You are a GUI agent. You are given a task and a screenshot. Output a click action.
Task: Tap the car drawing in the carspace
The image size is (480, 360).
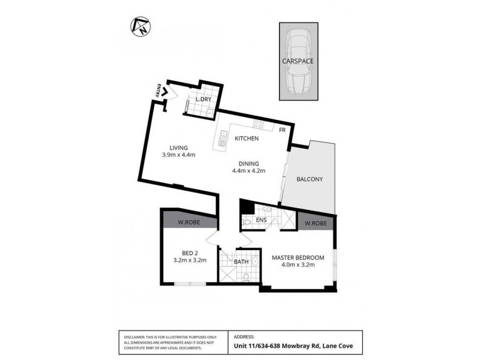(x=298, y=62)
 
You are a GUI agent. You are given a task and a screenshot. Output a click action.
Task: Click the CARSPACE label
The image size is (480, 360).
(x=298, y=61)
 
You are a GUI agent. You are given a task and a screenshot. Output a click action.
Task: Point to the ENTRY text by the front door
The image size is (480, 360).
(x=159, y=91)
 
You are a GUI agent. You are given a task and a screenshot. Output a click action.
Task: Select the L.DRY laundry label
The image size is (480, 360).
(x=201, y=99)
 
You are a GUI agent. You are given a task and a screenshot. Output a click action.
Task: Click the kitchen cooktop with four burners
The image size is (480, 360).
(x=259, y=125)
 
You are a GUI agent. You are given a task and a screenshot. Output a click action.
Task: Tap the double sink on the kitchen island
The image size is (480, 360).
(x=221, y=142)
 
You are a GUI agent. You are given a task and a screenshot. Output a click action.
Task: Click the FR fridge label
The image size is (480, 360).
(x=282, y=129)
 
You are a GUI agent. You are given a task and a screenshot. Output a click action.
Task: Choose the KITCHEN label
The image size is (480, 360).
(x=247, y=139)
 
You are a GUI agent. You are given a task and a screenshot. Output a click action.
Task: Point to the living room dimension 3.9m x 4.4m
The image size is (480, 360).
(x=179, y=155)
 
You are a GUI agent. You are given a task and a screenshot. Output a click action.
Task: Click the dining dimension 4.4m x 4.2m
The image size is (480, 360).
(x=248, y=171)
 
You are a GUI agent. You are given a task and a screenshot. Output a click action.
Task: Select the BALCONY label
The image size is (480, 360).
(x=310, y=179)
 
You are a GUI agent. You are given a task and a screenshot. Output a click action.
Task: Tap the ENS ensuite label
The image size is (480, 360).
(x=261, y=221)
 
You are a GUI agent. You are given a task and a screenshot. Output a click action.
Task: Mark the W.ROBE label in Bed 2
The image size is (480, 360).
(x=189, y=223)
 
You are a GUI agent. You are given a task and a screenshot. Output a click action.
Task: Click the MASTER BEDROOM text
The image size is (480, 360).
(x=298, y=258)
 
